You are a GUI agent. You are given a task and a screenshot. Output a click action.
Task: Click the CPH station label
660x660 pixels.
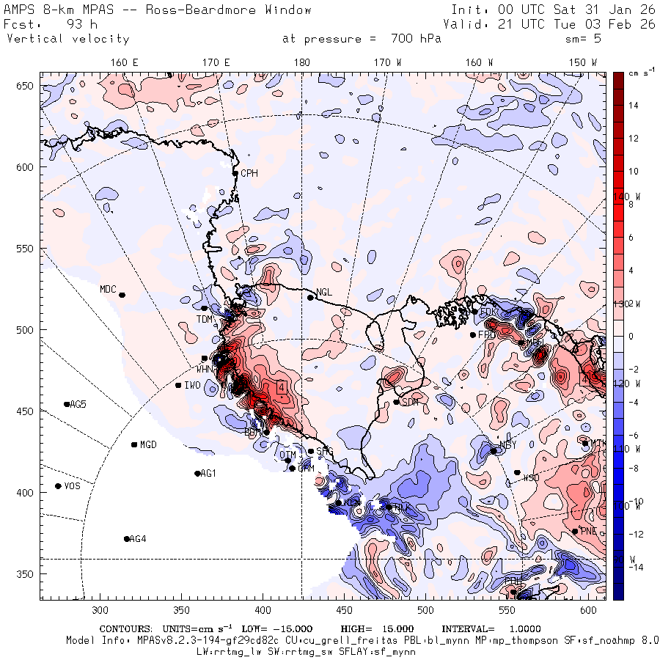250,173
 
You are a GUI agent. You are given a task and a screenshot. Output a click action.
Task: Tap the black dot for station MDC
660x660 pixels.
122,295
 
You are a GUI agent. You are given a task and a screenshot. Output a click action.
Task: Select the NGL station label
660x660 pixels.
324,293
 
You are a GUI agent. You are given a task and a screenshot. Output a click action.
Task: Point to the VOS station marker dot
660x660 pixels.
59,486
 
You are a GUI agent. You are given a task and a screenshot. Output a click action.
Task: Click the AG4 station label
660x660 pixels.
138,539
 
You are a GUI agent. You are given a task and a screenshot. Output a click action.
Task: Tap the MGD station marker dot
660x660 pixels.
134,444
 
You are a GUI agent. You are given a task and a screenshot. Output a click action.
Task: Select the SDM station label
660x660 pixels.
411,402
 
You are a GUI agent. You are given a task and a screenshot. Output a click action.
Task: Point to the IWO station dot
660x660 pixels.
178,385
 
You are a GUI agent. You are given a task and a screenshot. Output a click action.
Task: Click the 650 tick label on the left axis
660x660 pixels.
26,87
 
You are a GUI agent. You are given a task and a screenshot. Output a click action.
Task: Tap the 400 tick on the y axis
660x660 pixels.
26,492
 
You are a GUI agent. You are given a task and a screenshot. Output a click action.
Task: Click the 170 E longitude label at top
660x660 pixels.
216,63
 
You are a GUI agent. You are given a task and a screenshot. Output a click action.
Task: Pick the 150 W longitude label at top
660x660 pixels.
584,63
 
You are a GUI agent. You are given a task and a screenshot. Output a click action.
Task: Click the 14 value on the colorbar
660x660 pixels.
634,106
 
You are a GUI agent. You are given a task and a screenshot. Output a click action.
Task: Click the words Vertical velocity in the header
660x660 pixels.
67,39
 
